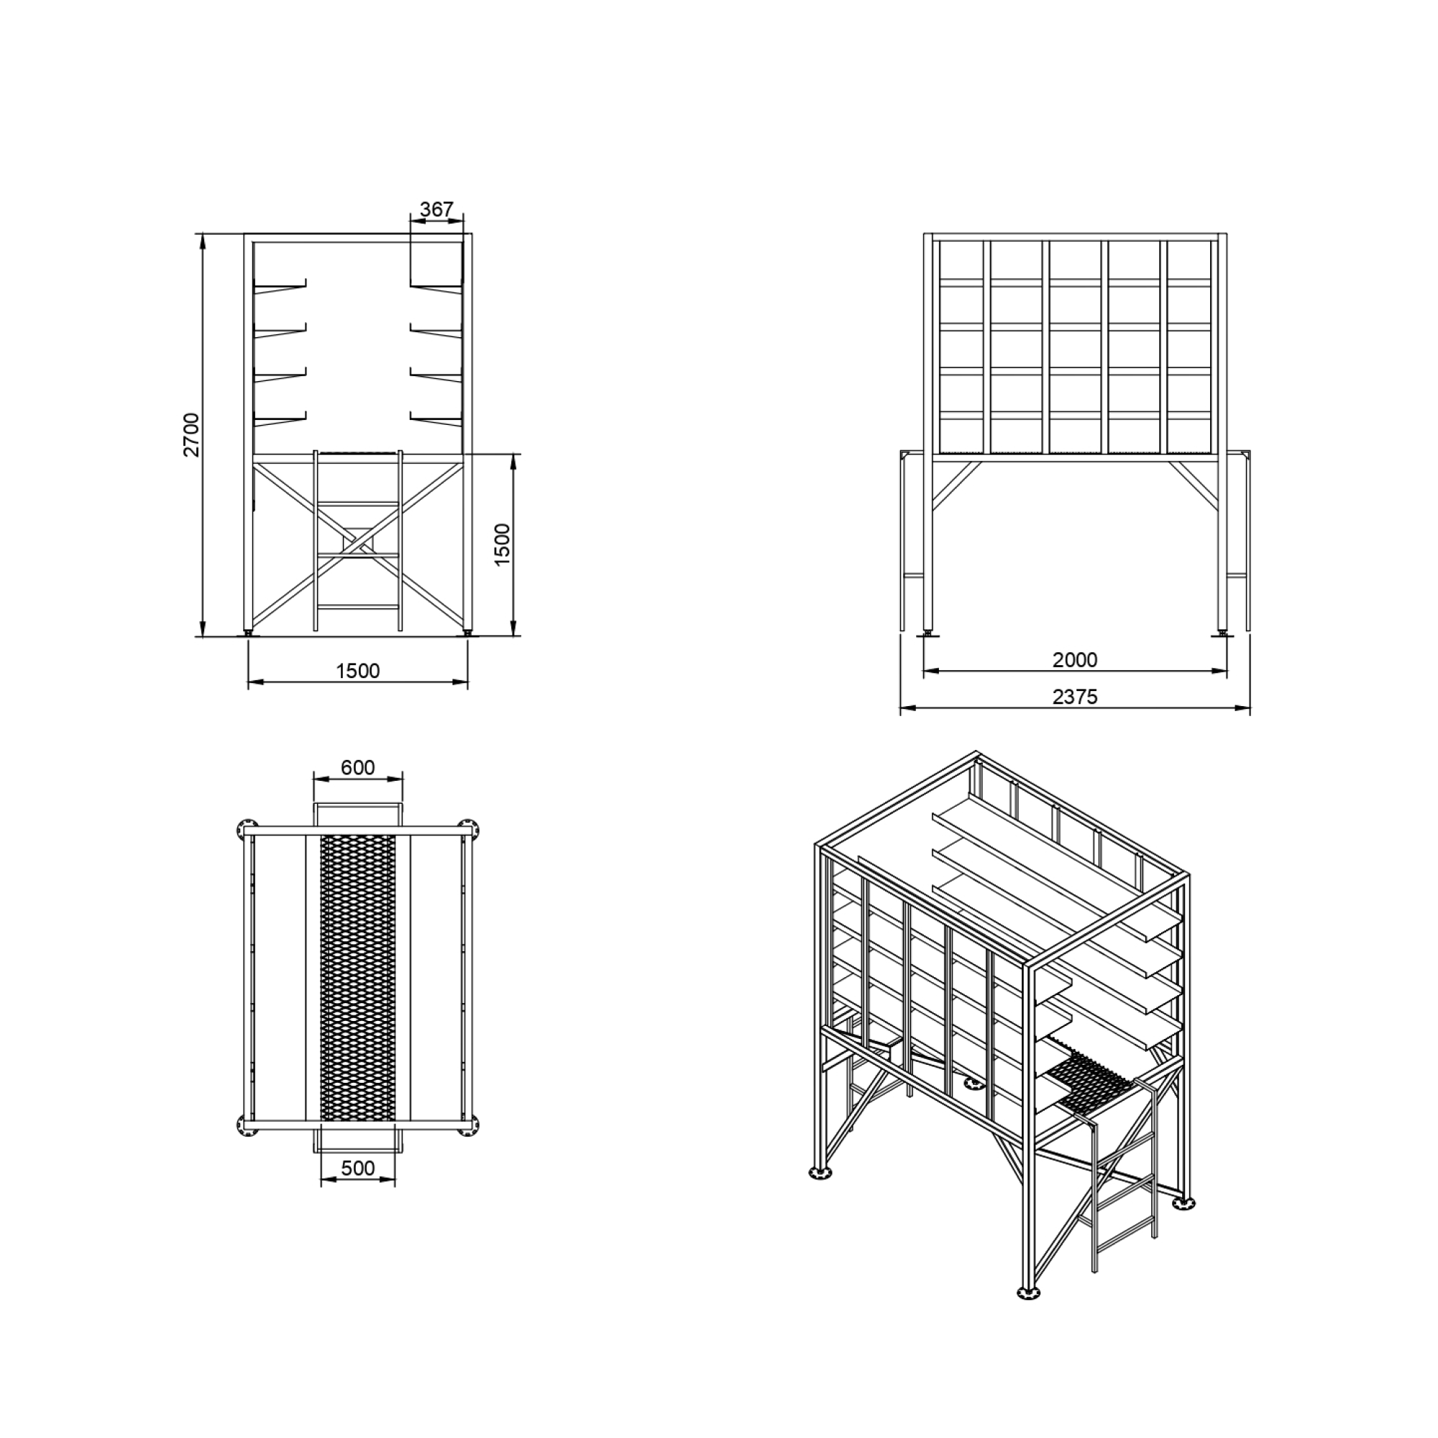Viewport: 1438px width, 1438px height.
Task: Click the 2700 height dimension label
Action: [192, 435]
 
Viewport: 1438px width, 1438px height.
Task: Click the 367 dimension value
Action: [436, 209]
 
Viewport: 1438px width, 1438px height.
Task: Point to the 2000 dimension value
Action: [1075, 659]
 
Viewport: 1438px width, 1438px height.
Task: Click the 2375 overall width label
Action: [1075, 697]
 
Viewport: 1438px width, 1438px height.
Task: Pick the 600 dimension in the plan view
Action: [358, 767]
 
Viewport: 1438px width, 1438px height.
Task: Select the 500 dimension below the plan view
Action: [358, 1168]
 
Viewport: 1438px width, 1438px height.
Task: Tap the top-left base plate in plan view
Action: [246, 829]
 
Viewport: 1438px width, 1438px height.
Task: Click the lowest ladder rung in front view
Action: [358, 607]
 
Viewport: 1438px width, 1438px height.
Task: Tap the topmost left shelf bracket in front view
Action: [280, 287]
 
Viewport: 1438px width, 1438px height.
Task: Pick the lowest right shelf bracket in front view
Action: [436, 421]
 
